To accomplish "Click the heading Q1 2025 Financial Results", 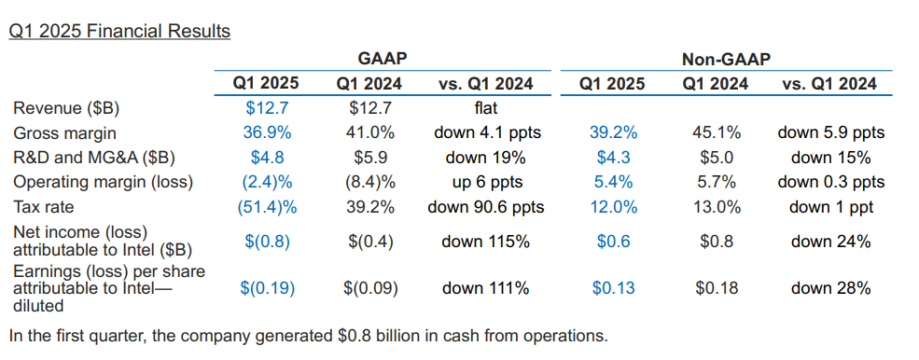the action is (119, 31).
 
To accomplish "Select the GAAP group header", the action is (383, 59).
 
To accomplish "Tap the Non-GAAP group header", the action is (726, 59).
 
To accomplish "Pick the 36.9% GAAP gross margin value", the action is (267, 133).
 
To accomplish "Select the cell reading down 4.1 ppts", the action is (487, 133).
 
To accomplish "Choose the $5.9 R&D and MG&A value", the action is (369, 158).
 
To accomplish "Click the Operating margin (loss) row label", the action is (104, 183).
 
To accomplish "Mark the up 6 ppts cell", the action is (486, 183).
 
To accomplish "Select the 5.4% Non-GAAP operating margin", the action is (613, 183).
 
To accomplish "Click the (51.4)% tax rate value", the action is (267, 207).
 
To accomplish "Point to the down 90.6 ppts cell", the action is (486, 208).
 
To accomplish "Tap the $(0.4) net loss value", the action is (369, 242).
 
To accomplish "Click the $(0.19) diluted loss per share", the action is (267, 288).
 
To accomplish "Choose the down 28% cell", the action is (830, 288).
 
